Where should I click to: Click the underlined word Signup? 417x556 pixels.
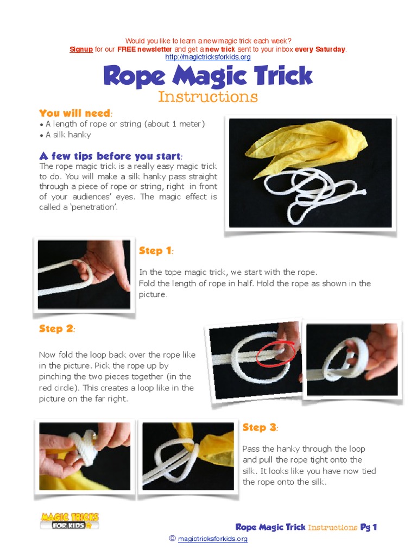click(x=81, y=49)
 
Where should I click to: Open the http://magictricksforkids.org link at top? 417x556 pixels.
click(x=208, y=58)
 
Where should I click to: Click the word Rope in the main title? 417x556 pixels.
click(x=134, y=76)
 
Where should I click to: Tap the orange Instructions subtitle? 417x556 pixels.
click(x=208, y=97)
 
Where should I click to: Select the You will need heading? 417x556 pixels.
click(x=75, y=113)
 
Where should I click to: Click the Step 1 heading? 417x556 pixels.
click(x=155, y=250)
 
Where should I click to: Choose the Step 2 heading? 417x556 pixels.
click(x=56, y=328)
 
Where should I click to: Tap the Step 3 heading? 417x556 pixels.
click(x=260, y=427)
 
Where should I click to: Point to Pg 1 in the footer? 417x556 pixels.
click(x=369, y=527)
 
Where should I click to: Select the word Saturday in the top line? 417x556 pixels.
click(x=328, y=49)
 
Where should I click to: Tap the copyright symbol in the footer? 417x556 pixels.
click(x=172, y=539)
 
